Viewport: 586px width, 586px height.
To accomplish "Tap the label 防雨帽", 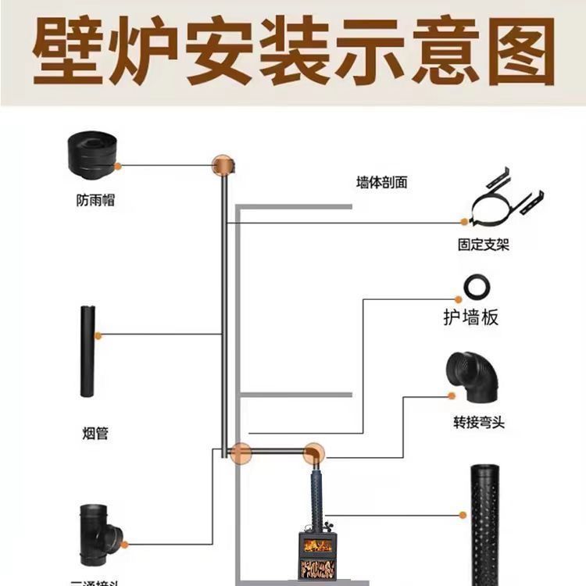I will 95,201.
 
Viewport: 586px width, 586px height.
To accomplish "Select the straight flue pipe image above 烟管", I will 87,352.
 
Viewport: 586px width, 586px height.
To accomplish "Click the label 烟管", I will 95,433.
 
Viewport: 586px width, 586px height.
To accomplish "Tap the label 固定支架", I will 483,245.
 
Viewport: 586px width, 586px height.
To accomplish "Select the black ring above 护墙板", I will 477,288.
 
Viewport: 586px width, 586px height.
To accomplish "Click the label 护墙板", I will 470,318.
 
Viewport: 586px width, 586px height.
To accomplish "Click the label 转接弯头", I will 479,423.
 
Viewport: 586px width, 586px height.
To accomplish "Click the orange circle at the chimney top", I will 223,164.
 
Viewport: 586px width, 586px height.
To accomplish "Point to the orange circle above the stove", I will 314,452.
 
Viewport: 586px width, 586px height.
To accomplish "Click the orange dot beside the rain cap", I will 119,165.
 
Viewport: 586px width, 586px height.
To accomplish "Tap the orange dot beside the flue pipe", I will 98,335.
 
